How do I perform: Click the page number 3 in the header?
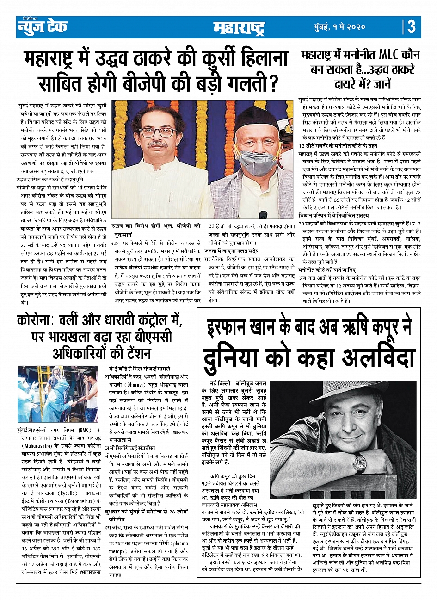[x=411, y=26]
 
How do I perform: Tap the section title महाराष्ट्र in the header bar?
[x=239, y=28]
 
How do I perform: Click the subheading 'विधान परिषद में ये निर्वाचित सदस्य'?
[x=334, y=216]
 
